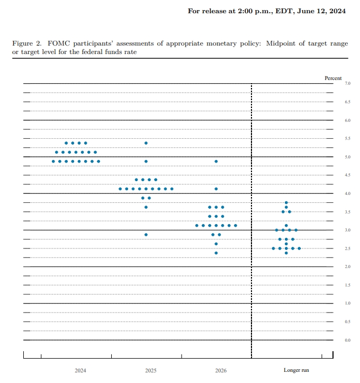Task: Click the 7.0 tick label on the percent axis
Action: pos(347,84)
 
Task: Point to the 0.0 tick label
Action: pos(347,340)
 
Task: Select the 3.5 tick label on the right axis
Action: pos(347,212)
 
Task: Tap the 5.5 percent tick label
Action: pos(347,138)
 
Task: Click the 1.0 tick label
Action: pos(347,304)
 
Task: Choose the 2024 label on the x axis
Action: pos(80,370)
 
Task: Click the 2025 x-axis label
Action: pos(151,370)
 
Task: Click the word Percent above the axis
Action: pos(333,78)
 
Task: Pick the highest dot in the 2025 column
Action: pos(146,143)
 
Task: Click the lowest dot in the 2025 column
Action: pos(146,235)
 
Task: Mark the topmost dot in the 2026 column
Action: pos(216,161)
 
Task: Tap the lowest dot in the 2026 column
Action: pos(216,253)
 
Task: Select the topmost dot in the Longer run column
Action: pos(286,203)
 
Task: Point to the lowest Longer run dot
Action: pos(286,253)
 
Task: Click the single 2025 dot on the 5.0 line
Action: pos(146,161)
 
